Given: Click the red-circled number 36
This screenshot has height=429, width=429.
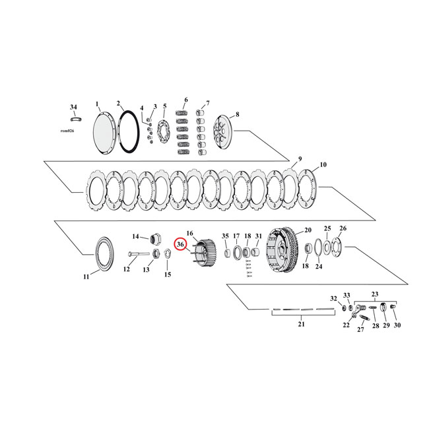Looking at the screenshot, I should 180,245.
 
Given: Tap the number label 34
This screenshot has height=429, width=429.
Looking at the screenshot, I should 73,107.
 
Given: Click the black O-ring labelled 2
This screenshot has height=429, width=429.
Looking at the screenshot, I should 128,131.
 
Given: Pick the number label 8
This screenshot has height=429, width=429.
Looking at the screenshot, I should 237,114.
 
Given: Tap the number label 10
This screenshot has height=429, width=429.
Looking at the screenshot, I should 323,164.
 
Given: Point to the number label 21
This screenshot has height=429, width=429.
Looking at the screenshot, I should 300,325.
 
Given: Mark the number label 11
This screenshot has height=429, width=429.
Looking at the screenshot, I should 86,277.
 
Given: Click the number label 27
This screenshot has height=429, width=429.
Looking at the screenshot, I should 360,329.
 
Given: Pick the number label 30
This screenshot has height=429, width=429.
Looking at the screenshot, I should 397,325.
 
